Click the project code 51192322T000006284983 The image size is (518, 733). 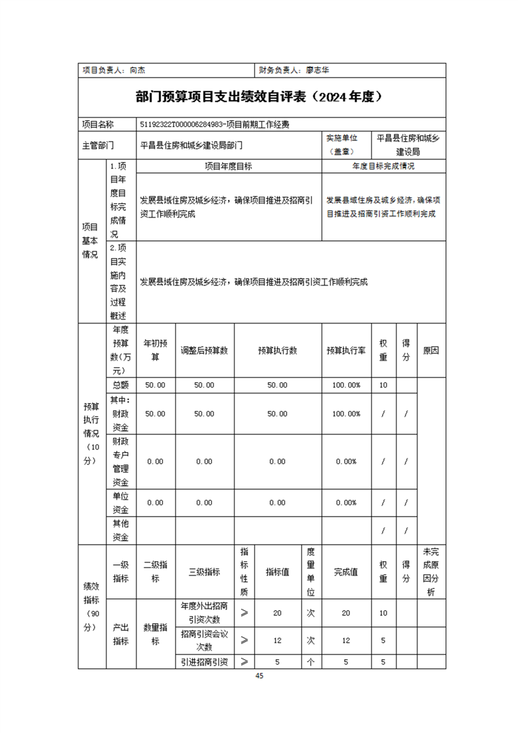[x=182, y=124]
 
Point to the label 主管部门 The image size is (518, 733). [x=98, y=145]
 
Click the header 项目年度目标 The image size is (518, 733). [x=229, y=167]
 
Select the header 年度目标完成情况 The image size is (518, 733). [x=383, y=167]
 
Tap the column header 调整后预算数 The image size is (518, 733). [x=204, y=350]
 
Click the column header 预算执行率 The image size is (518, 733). [x=346, y=350]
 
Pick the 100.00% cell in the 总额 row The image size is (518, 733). [x=346, y=385]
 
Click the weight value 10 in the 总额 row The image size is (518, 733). [x=383, y=385]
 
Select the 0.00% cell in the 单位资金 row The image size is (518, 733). [x=346, y=502]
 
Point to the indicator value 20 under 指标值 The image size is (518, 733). [x=277, y=613]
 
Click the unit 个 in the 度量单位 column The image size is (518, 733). [x=311, y=662]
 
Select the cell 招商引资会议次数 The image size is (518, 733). [x=204, y=640]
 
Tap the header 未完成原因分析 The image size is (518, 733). [x=430, y=572]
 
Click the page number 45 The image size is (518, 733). [x=259, y=676]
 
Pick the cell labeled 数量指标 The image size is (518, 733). [x=155, y=634]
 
